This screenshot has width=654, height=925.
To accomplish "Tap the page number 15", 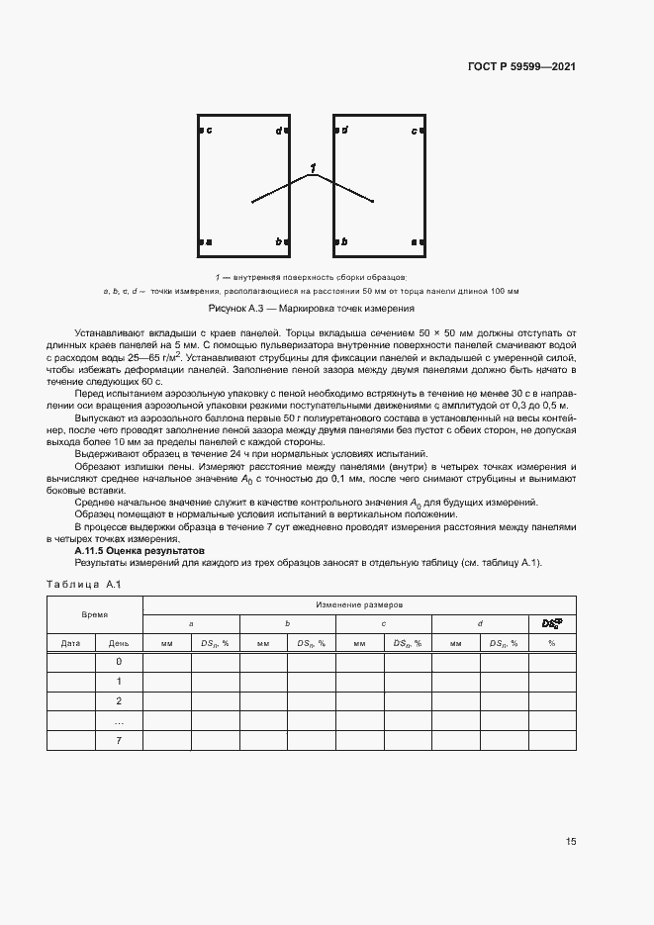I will tap(571, 842).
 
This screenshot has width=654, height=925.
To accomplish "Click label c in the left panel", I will tap(209, 131).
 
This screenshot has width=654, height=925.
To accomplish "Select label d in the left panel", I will tap(278, 131).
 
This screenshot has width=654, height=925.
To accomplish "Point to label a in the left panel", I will tap(209, 242).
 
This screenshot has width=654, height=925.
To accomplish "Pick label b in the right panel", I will tap(344, 242).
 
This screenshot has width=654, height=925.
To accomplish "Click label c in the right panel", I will tap(414, 131).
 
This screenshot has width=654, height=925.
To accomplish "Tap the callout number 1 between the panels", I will tap(313, 169).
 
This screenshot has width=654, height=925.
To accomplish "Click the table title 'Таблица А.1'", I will tap(83, 585).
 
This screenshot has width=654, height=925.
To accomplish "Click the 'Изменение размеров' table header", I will tap(358, 603).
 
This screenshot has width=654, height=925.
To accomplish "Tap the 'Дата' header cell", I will tap(70, 643).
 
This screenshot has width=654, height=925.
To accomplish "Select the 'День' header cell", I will tap(119, 643).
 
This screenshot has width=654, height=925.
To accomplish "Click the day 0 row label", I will tap(119, 662).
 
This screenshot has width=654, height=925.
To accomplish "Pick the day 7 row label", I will tap(119, 740).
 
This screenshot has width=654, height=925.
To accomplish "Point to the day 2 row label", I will tap(119, 701).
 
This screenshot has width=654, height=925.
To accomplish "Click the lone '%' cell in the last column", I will tap(551, 643).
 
